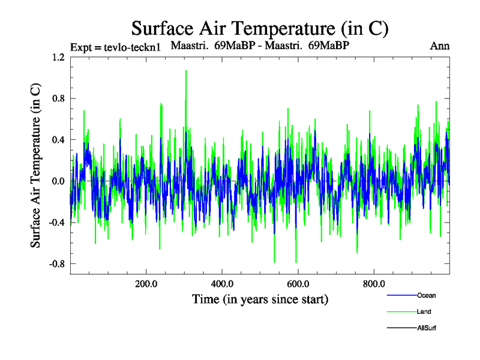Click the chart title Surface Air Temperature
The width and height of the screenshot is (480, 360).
tap(260, 28)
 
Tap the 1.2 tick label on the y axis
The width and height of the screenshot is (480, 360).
tap(58, 58)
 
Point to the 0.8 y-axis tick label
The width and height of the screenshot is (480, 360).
tap(58, 98)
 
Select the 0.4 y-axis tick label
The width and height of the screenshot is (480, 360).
tap(58, 140)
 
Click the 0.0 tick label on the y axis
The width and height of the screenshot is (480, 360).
tap(58, 181)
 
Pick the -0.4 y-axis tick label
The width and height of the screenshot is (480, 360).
tap(56, 223)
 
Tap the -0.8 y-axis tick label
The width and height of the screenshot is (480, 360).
tap(56, 264)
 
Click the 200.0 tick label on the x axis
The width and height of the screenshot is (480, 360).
tap(146, 284)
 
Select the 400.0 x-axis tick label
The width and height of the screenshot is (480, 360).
tap(222, 284)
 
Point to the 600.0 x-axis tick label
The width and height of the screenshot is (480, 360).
tap(298, 284)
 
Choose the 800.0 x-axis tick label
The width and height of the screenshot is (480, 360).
tap(374, 284)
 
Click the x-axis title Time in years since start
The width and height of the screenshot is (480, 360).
tap(260, 299)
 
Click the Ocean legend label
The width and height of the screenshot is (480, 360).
tap(426, 295)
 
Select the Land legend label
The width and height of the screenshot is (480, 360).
tap(424, 312)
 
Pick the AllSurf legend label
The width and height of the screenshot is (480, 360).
tap(427, 328)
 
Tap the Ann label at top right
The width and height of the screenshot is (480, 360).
tap(440, 46)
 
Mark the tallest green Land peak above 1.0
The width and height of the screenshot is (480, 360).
tap(186, 71)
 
